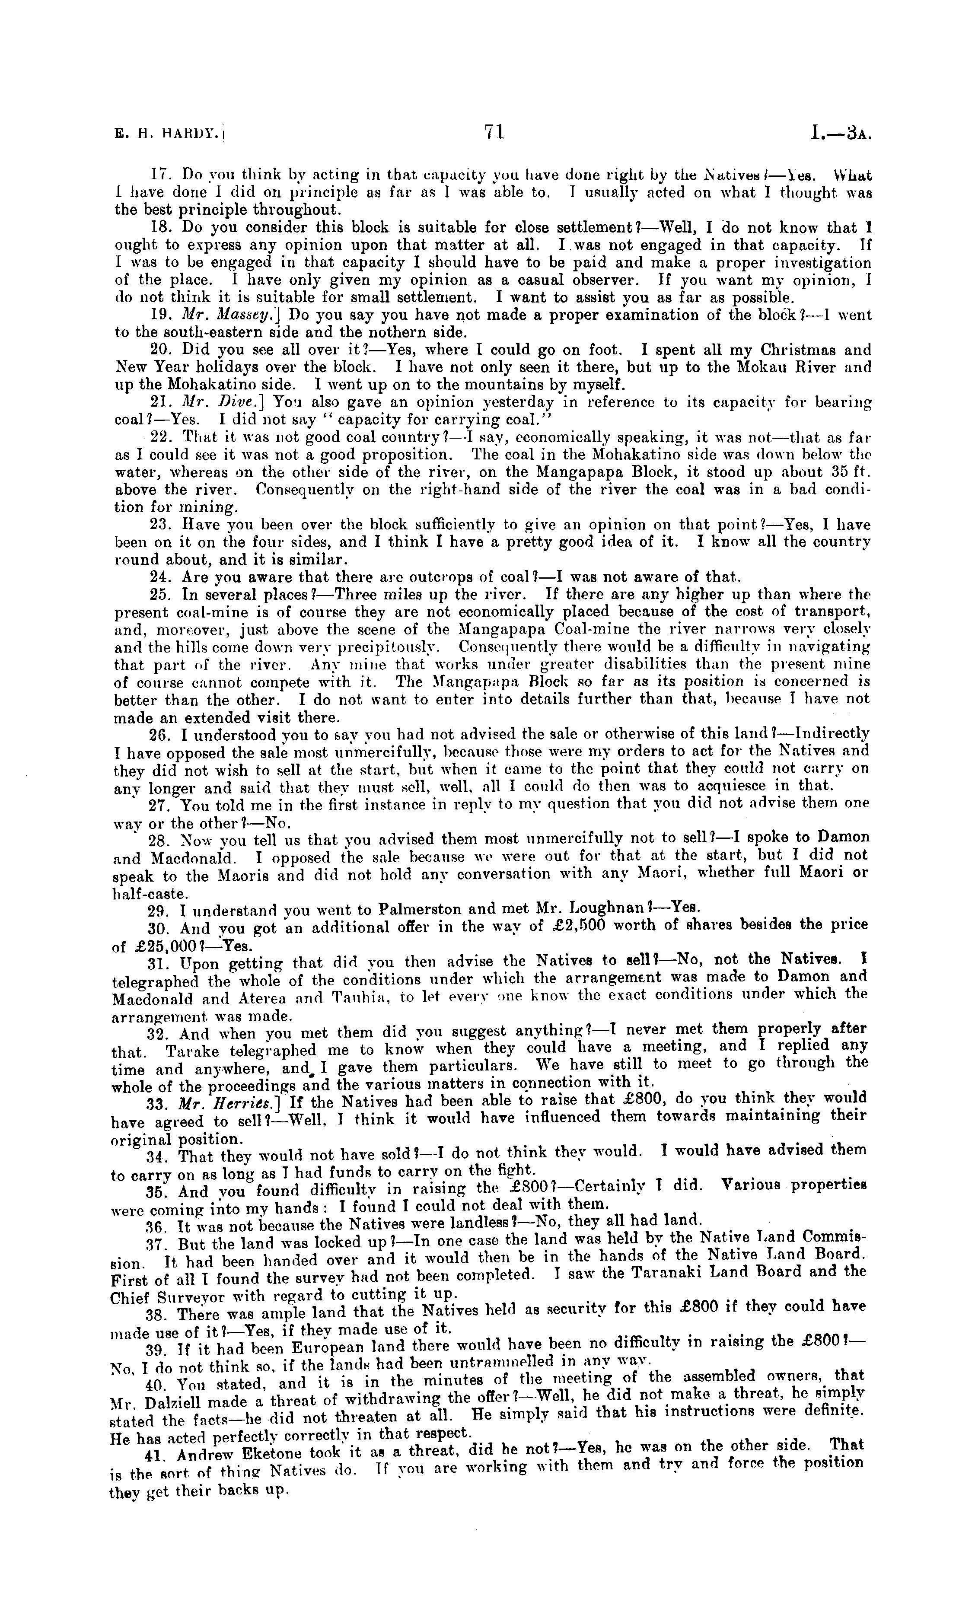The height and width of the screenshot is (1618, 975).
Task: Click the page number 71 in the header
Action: tap(494, 133)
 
